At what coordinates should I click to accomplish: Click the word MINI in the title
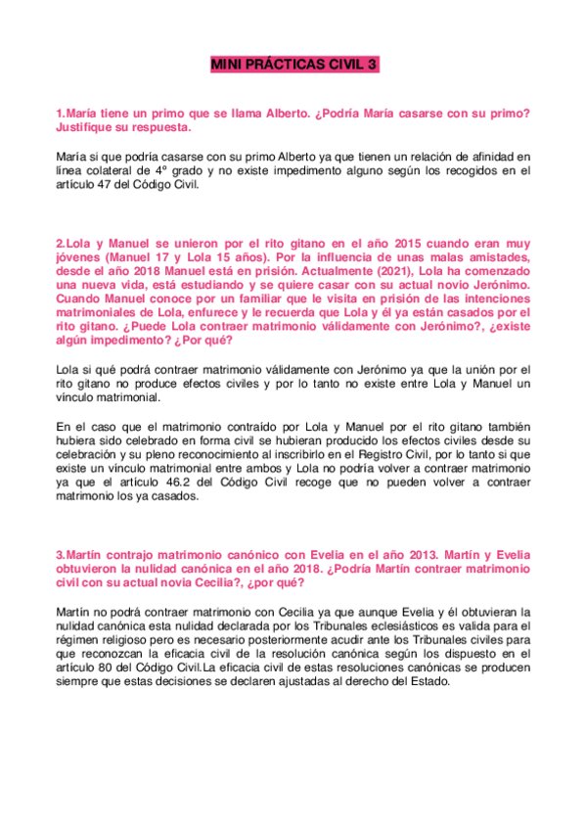(x=229, y=66)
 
